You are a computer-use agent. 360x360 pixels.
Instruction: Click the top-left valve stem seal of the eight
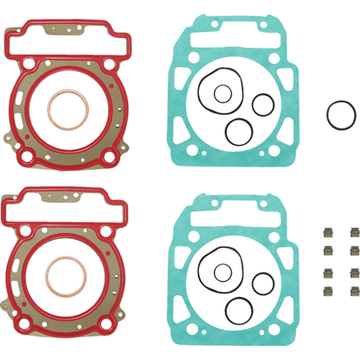[322, 232]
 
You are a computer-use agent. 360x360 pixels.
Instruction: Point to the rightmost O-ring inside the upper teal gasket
[261, 103]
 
